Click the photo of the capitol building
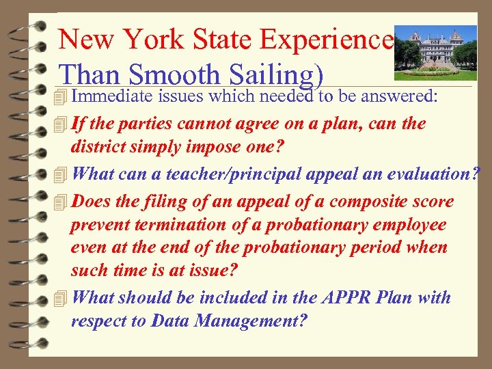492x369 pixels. pyautogui.click(x=436, y=51)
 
